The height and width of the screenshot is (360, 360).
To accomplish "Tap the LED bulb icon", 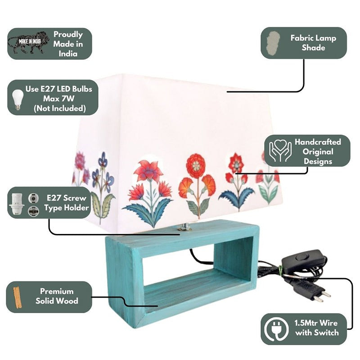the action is (x=18, y=99).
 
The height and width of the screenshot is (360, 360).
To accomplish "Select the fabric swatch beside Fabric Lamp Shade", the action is (x=274, y=44).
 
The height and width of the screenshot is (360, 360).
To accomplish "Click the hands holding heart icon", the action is (x=280, y=150).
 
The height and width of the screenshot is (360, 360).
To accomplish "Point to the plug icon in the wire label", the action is (x=276, y=329).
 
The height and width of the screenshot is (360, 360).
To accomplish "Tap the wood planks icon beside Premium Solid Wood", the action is (x=18, y=297).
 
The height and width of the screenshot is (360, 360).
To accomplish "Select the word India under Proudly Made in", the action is (x=68, y=54).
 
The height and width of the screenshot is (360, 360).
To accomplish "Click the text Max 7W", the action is (x=59, y=99).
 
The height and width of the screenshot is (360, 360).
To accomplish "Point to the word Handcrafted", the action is (x=318, y=142).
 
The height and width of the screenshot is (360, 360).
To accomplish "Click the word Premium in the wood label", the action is (x=57, y=291).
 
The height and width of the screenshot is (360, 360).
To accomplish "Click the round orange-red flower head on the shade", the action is (x=195, y=166).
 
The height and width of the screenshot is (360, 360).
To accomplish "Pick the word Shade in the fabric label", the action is (x=313, y=48).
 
